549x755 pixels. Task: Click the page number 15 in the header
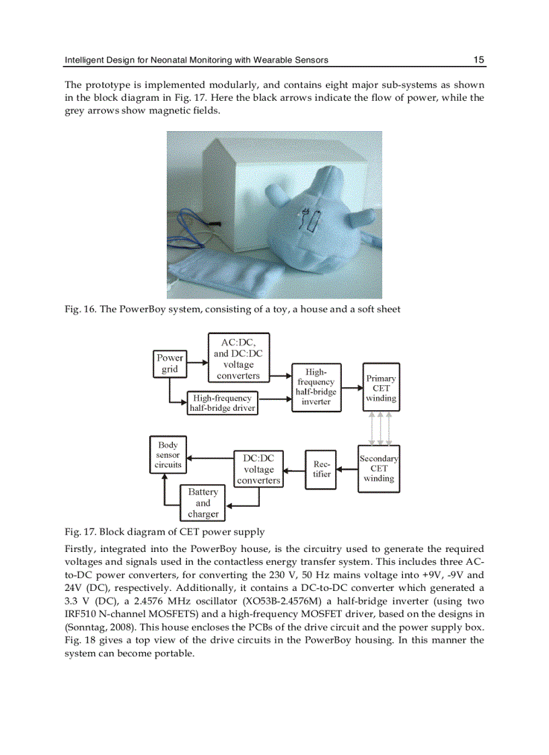(478, 60)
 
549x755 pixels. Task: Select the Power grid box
(170, 364)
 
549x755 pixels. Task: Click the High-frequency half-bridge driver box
(222, 403)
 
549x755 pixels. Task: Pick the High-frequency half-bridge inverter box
(316, 387)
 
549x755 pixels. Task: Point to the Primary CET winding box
(381, 388)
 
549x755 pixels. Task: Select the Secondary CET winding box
(379, 469)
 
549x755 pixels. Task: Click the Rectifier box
(321, 469)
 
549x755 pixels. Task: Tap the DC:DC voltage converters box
(258, 469)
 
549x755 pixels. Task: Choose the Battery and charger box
(203, 503)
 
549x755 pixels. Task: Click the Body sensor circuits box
(168, 455)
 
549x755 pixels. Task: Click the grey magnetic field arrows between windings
(381, 428)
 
